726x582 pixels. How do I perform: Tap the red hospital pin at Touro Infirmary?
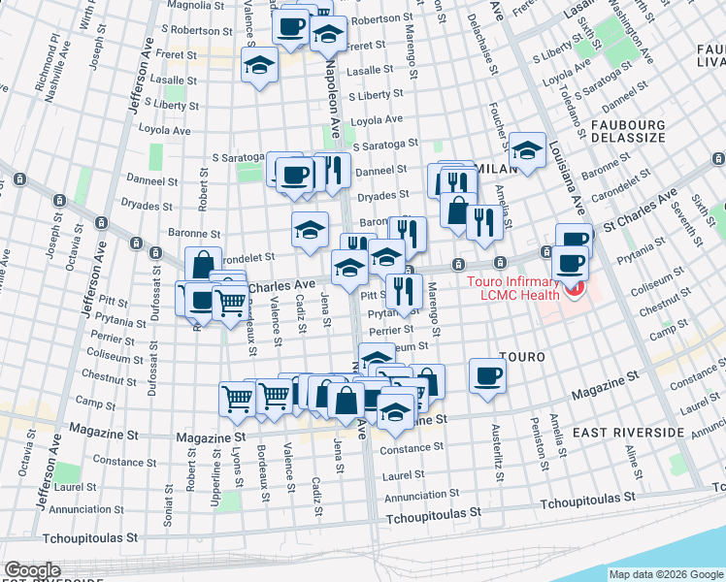point(576,289)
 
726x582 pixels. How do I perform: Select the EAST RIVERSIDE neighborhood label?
point(619,431)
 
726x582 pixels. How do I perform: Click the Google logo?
point(33,569)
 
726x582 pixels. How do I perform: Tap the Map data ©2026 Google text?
point(666,574)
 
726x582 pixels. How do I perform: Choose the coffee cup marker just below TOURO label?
point(487,376)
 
